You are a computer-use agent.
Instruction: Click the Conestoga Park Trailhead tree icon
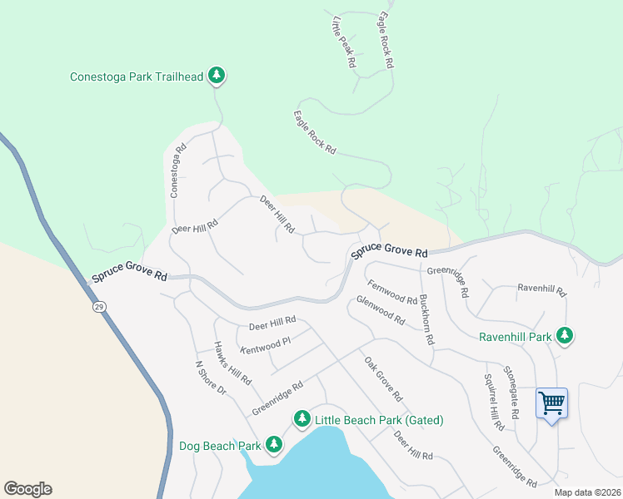tap(217, 77)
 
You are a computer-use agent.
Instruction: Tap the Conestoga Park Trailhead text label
tap(137, 77)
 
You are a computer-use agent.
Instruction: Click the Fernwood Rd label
tap(392, 292)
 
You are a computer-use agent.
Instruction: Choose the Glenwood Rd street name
tap(381, 310)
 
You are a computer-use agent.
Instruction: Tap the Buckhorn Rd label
tap(426, 319)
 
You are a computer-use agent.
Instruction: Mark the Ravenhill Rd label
tap(541, 291)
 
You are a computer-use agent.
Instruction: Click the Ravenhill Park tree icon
tap(566, 336)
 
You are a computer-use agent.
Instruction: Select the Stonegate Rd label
tap(511, 392)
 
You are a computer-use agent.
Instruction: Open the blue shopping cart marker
tap(551, 404)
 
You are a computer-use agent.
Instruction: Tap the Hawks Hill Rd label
tap(232, 363)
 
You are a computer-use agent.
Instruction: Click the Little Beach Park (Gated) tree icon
tap(302, 419)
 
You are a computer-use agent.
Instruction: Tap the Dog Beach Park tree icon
tap(274, 446)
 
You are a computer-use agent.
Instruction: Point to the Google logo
tap(27, 489)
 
